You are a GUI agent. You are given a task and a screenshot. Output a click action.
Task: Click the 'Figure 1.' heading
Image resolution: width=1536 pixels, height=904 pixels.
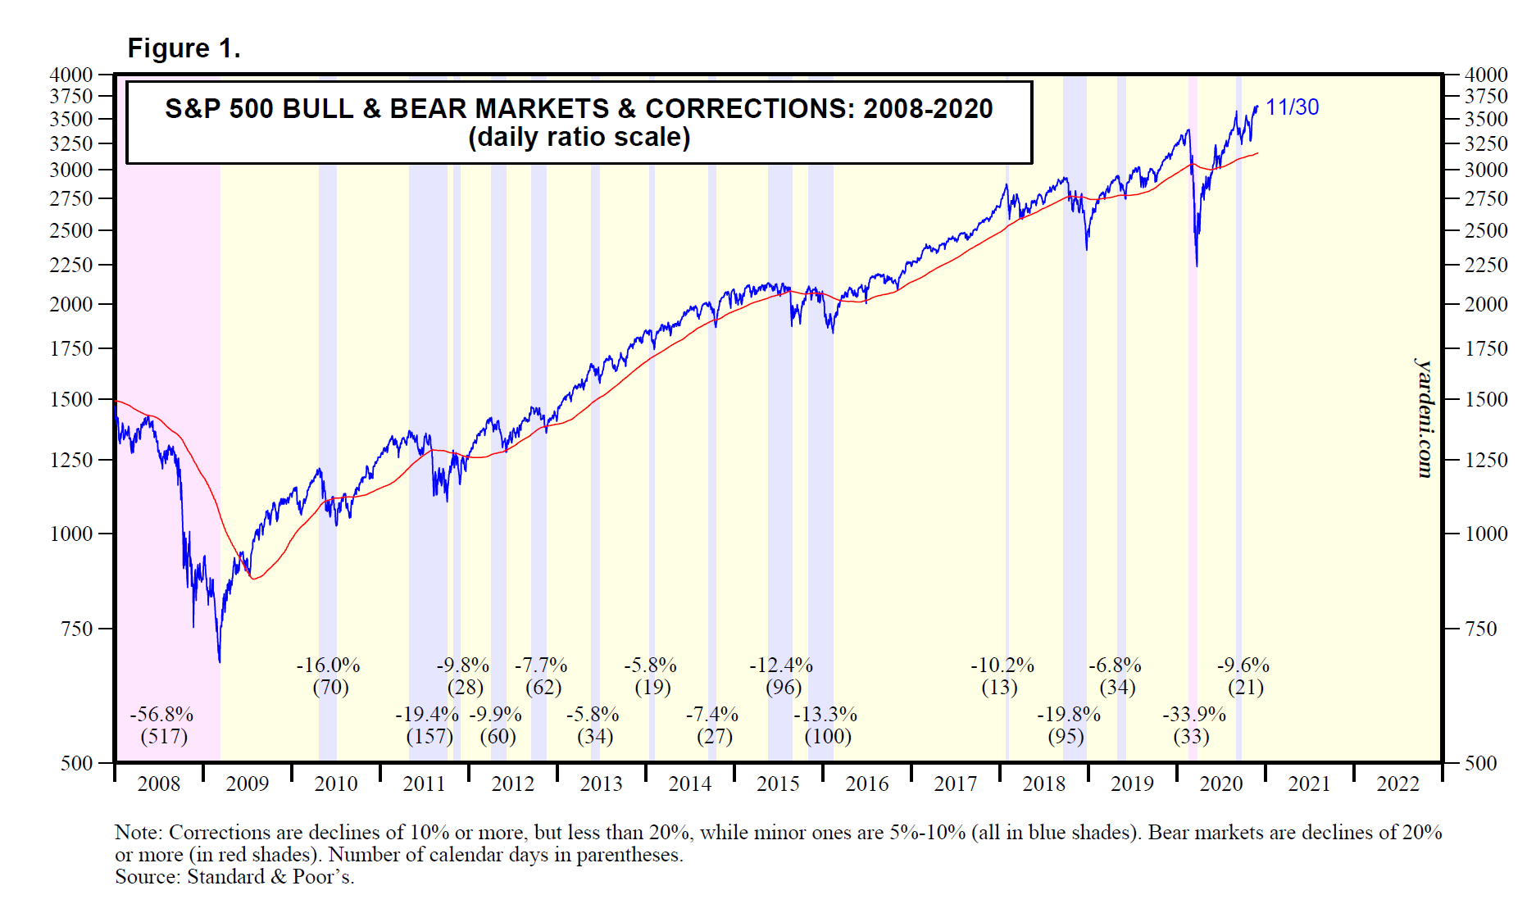[x=184, y=48]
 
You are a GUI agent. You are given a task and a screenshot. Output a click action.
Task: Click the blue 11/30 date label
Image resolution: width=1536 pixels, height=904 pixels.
[x=1292, y=107]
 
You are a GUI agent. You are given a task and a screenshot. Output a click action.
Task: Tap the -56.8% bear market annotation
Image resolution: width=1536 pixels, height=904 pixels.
[x=161, y=715]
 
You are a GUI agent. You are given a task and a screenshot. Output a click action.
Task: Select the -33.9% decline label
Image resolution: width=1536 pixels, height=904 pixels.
[x=1193, y=715]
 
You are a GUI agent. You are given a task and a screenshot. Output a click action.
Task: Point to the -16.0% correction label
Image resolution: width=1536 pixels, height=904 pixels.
[x=328, y=666]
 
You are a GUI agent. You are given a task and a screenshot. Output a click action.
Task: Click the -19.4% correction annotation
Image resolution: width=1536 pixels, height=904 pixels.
[x=426, y=715]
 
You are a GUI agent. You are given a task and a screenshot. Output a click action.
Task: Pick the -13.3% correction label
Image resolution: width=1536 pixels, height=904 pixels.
[x=825, y=715]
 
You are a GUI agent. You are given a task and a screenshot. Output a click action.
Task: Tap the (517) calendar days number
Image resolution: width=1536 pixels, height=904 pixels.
[x=164, y=736]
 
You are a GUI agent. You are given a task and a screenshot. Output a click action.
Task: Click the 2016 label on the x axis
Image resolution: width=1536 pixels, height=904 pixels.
[x=866, y=784]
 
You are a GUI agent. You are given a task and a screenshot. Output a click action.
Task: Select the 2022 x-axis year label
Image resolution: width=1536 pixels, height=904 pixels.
[x=1397, y=784]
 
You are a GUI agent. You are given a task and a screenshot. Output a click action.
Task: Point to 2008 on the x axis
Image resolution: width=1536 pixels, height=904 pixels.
[x=158, y=784]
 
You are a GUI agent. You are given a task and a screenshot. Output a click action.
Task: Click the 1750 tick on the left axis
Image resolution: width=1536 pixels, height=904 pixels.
[x=71, y=348]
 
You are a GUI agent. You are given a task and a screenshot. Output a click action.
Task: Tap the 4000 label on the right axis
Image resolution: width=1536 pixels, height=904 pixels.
[x=1485, y=75]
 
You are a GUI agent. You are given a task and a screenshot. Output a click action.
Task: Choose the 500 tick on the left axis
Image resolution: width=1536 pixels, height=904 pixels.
[x=77, y=763]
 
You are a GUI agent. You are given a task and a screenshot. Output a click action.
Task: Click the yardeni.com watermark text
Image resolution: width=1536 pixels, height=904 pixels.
[x=1425, y=418]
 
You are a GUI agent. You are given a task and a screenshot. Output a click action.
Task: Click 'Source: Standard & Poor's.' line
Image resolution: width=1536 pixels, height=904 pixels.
[x=234, y=877]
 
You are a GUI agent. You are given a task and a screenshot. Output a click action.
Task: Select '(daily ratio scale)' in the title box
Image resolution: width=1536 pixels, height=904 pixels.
[x=579, y=137]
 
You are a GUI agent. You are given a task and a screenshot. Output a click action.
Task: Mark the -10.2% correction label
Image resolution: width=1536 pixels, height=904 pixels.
[x=1002, y=666]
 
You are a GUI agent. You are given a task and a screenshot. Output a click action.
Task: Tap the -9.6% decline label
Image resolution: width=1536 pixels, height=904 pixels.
[x=1243, y=666]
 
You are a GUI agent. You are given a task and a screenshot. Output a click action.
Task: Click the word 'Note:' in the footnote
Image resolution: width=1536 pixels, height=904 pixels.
[x=139, y=833]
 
